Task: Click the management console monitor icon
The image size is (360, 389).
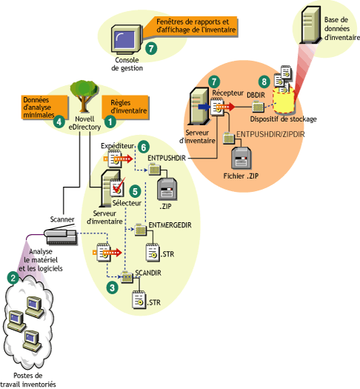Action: click(124, 39)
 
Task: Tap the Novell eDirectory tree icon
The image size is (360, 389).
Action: click(81, 95)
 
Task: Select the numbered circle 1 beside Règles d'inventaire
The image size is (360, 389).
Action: click(110, 118)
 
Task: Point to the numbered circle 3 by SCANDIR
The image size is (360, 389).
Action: click(111, 287)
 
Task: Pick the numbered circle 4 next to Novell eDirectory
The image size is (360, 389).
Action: click(59, 123)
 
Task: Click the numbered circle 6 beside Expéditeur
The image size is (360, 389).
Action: click(144, 147)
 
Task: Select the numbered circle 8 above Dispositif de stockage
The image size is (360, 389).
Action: click(261, 81)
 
